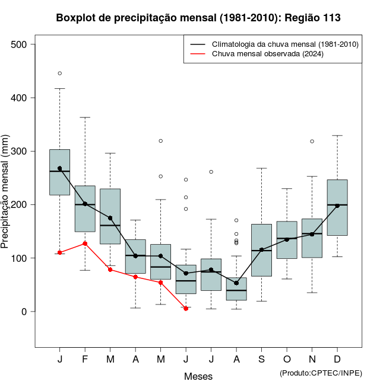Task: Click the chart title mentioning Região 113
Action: point(198,18)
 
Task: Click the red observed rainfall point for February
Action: point(85,243)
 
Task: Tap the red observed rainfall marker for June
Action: point(186,309)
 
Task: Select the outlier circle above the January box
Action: point(59,73)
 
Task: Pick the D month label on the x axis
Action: point(337,360)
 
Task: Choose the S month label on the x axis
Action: point(261,360)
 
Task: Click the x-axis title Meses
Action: point(198,376)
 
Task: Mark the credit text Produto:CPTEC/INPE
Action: point(321,373)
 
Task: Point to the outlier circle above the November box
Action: point(312,142)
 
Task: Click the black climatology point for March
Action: point(110,218)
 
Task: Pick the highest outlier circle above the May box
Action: point(160,141)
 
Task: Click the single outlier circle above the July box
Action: point(211,172)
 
